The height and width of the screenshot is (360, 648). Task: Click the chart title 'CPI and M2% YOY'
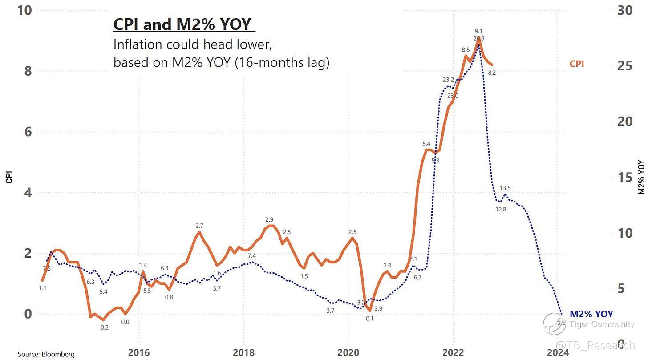pos(184,24)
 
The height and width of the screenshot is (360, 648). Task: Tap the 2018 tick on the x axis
pos(243,352)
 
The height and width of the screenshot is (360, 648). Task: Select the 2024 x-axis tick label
pos(557,352)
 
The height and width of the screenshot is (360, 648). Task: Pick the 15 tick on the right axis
pos(625,177)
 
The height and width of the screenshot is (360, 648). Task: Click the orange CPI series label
pos(577,64)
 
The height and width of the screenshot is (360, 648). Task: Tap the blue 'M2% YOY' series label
pos(591,315)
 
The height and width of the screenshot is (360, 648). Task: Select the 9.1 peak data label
pos(479,31)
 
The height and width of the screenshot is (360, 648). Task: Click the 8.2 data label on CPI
pos(492,73)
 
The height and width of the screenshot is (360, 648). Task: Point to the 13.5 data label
pos(505,188)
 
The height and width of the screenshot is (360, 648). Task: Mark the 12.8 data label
pos(501,209)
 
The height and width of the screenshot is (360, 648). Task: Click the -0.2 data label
pos(103,328)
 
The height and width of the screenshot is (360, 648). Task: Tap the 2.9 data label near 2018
pos(269,219)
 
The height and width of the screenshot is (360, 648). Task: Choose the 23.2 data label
pos(448,80)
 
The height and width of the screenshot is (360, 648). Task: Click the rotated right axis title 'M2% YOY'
pos(641,177)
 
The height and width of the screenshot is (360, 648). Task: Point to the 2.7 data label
pos(199,226)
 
